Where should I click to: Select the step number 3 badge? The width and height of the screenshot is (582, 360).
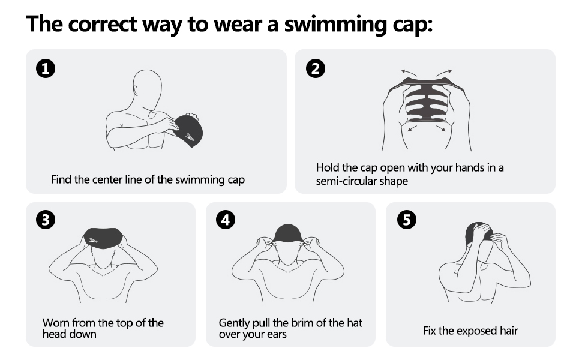pos(46,221)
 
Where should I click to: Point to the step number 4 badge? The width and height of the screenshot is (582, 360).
pos(226,221)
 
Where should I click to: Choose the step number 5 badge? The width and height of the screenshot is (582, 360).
pos(406,221)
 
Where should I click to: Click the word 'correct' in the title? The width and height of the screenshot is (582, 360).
pos(101,25)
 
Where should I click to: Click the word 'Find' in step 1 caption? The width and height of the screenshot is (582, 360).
pos(61,179)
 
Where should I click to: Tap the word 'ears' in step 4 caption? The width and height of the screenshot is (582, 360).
pos(277,334)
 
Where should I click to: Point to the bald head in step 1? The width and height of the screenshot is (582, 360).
pos(147,85)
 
